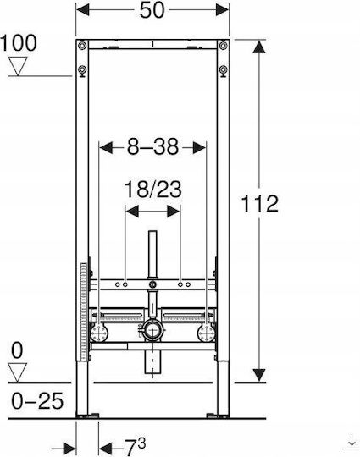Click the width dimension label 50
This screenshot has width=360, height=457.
[x=152, y=10]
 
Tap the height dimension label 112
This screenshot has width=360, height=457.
[x=260, y=203]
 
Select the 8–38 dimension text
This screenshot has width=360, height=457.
[x=152, y=147]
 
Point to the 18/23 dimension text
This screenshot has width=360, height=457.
[x=152, y=190]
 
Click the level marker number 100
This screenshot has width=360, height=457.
[x=19, y=43]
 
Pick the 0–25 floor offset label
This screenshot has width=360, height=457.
[x=37, y=401]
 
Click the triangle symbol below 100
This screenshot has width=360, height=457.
[x=18, y=66]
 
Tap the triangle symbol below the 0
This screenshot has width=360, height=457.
[x=18, y=372]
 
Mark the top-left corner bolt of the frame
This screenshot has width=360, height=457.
[x=82, y=46]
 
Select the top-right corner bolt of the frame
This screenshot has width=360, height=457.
[x=224, y=46]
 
